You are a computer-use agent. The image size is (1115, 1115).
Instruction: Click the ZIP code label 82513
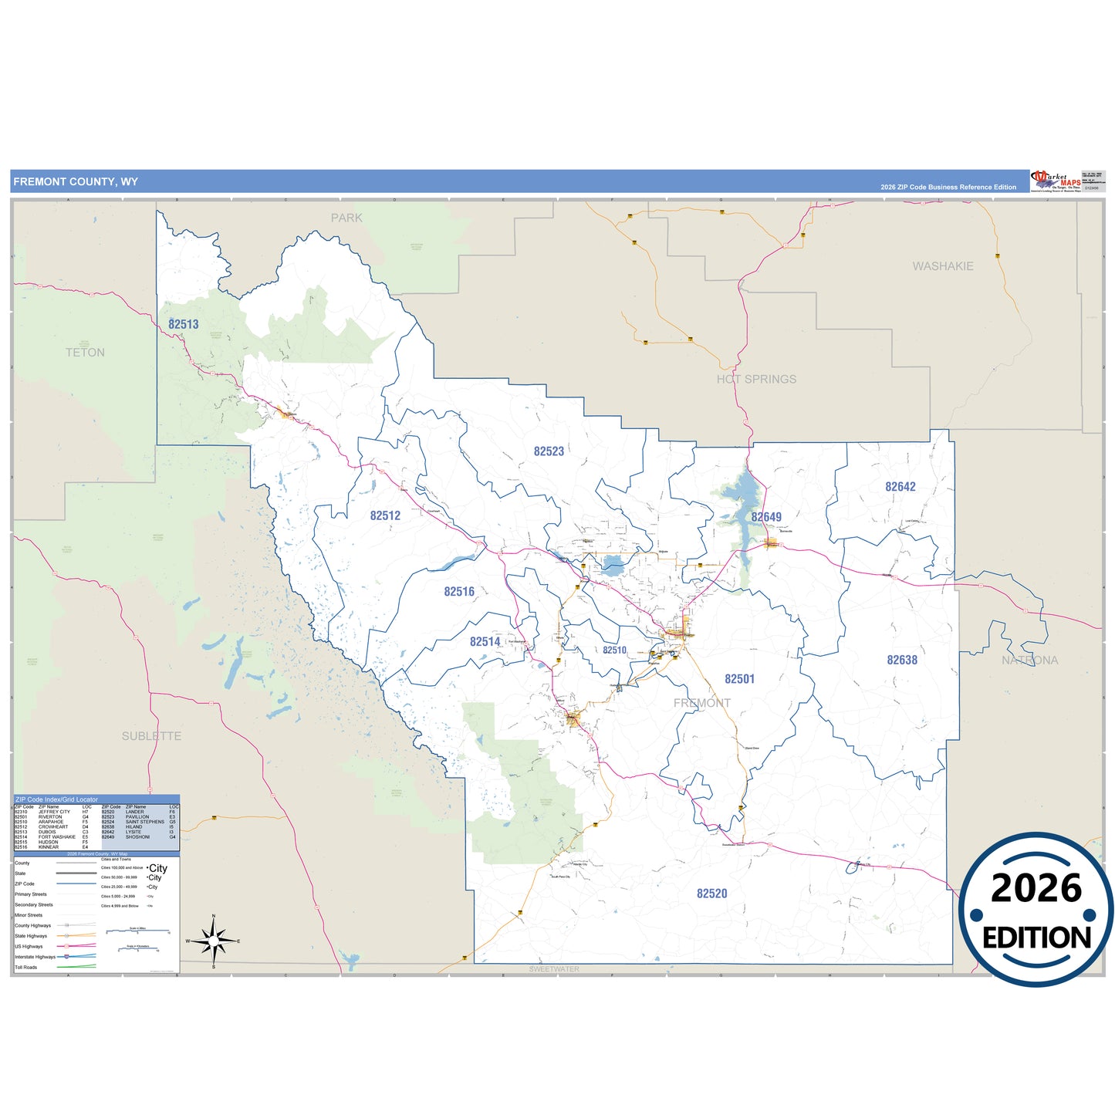[184, 324]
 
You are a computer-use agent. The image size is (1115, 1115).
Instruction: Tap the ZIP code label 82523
[549, 451]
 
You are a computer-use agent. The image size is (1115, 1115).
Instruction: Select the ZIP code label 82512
[385, 515]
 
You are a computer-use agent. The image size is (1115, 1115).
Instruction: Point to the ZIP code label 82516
[459, 592]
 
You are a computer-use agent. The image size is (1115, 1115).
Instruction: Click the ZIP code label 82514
[485, 641]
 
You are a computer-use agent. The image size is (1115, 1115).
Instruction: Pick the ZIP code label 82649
[766, 517]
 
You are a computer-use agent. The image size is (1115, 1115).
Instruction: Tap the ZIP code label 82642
[900, 487]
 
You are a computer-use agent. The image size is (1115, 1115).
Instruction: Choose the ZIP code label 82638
[902, 660]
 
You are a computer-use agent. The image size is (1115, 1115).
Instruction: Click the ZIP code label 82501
[739, 679]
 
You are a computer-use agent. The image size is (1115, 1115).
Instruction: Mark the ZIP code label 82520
[711, 894]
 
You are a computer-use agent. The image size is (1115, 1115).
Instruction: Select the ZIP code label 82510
[614, 650]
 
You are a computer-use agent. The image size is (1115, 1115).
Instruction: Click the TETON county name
[85, 353]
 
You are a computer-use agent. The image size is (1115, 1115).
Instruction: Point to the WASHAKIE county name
[943, 266]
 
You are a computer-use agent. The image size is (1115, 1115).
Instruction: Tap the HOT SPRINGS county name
[756, 379]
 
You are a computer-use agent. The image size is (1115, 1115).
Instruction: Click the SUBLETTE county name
[152, 736]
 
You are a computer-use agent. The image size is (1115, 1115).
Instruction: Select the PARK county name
[346, 218]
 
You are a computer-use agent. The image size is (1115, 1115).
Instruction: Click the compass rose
[214, 941]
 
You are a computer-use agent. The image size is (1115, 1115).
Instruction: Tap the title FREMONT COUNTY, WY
[76, 182]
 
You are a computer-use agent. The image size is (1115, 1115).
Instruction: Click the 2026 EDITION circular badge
[1036, 910]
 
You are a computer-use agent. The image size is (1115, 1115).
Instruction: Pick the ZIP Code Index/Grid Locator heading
[56, 799]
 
